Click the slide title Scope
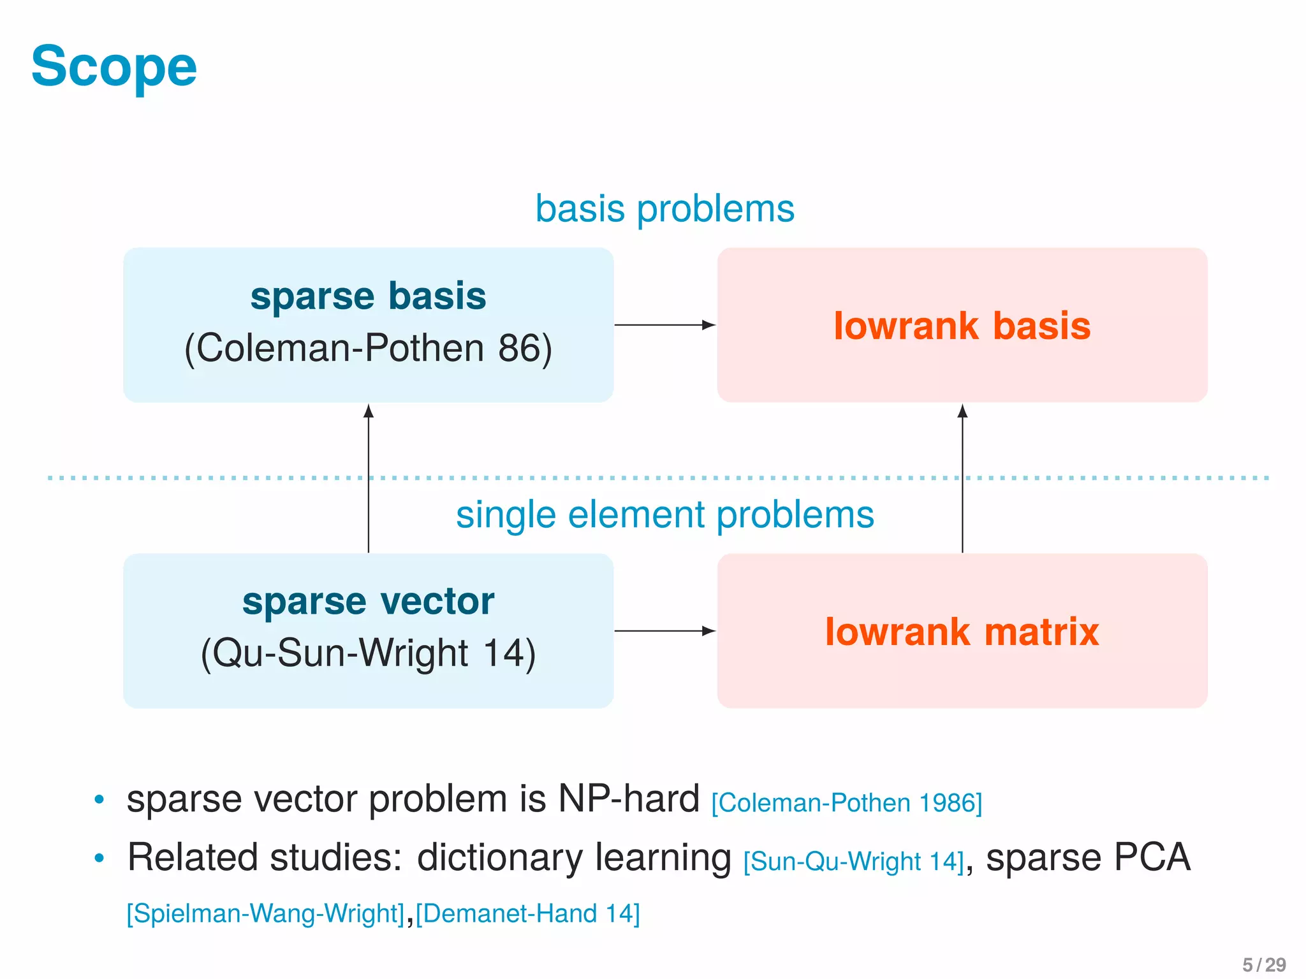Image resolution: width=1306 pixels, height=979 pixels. tap(114, 67)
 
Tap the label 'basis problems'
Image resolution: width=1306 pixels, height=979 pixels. tap(664, 209)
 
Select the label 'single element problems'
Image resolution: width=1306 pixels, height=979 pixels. tap(664, 515)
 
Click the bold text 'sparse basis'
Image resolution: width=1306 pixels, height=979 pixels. tap(368, 296)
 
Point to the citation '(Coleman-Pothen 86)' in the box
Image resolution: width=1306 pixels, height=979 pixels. tap(368, 349)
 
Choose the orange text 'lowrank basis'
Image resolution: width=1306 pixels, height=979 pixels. tap(962, 326)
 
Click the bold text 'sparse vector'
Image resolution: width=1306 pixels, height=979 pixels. tap(368, 602)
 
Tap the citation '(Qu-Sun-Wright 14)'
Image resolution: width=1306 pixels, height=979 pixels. tap(368, 654)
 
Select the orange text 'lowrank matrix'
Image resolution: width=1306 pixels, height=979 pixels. tap(962, 632)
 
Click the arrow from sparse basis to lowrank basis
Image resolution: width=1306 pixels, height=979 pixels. tap(663, 325)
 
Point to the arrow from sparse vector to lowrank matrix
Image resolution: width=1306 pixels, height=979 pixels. tap(663, 631)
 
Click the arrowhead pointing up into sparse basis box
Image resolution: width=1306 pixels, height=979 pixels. tap(369, 411)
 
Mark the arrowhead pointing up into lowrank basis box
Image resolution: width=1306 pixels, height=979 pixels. tap(962, 411)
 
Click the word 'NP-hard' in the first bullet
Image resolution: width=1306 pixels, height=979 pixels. tap(629, 799)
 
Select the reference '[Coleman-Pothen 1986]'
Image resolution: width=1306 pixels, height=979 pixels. tap(846, 803)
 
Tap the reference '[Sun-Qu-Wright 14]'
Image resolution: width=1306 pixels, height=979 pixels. tap(853, 862)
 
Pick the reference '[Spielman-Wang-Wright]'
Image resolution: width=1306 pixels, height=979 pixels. tap(266, 913)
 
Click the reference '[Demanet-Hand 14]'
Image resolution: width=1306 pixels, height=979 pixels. tap(527, 913)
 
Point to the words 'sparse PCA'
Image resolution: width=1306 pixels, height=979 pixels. tap(1088, 857)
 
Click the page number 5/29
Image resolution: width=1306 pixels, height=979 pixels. tap(1264, 965)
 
